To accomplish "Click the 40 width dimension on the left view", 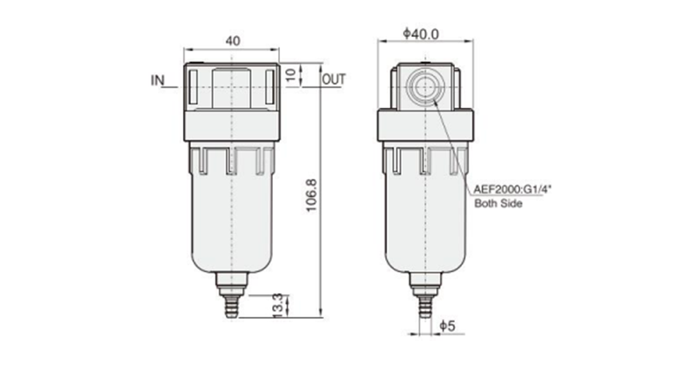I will coord(232,42).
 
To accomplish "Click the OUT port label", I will coord(333,80).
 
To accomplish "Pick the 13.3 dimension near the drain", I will coord(277,303).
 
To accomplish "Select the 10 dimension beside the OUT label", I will coord(290,76).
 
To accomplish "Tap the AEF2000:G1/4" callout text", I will coord(507,188).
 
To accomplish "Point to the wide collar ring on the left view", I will coord(231,128).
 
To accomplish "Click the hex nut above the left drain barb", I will coord(231,284).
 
